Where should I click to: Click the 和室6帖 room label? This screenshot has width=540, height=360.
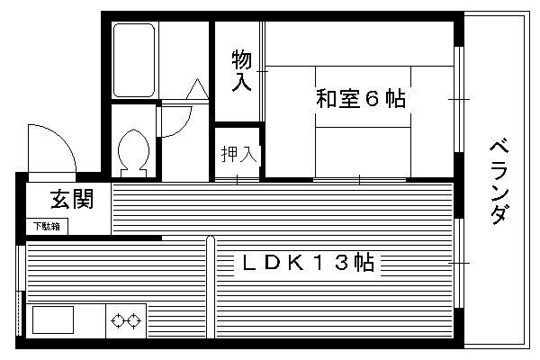pos(361,99)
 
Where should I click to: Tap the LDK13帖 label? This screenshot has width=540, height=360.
pos(308,263)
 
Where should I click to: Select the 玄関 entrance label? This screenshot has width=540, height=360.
pos(72,199)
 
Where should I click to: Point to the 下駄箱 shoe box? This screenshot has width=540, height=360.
pos(47,226)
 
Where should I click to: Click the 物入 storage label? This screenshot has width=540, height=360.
pos(241,70)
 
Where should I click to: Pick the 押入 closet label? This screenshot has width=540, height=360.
pos(239,154)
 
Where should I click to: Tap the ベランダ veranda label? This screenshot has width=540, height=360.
pos(499,182)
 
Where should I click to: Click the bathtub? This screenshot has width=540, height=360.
pos(133,60)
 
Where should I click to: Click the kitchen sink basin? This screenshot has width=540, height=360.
pos(53,319)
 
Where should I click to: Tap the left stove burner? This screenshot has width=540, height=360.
pos(118,320)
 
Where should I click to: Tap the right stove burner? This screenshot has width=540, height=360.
pos(134,320)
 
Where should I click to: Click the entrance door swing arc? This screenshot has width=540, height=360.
pos(62,138)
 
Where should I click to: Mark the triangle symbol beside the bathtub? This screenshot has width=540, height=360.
pos(197,89)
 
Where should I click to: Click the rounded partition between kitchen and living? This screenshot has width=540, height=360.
pos(211,287)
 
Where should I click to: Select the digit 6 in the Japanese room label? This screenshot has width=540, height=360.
pos(372,99)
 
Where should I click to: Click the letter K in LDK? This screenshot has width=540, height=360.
pos(296,263)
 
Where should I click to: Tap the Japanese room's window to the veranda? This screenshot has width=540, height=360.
pos(458,99)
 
